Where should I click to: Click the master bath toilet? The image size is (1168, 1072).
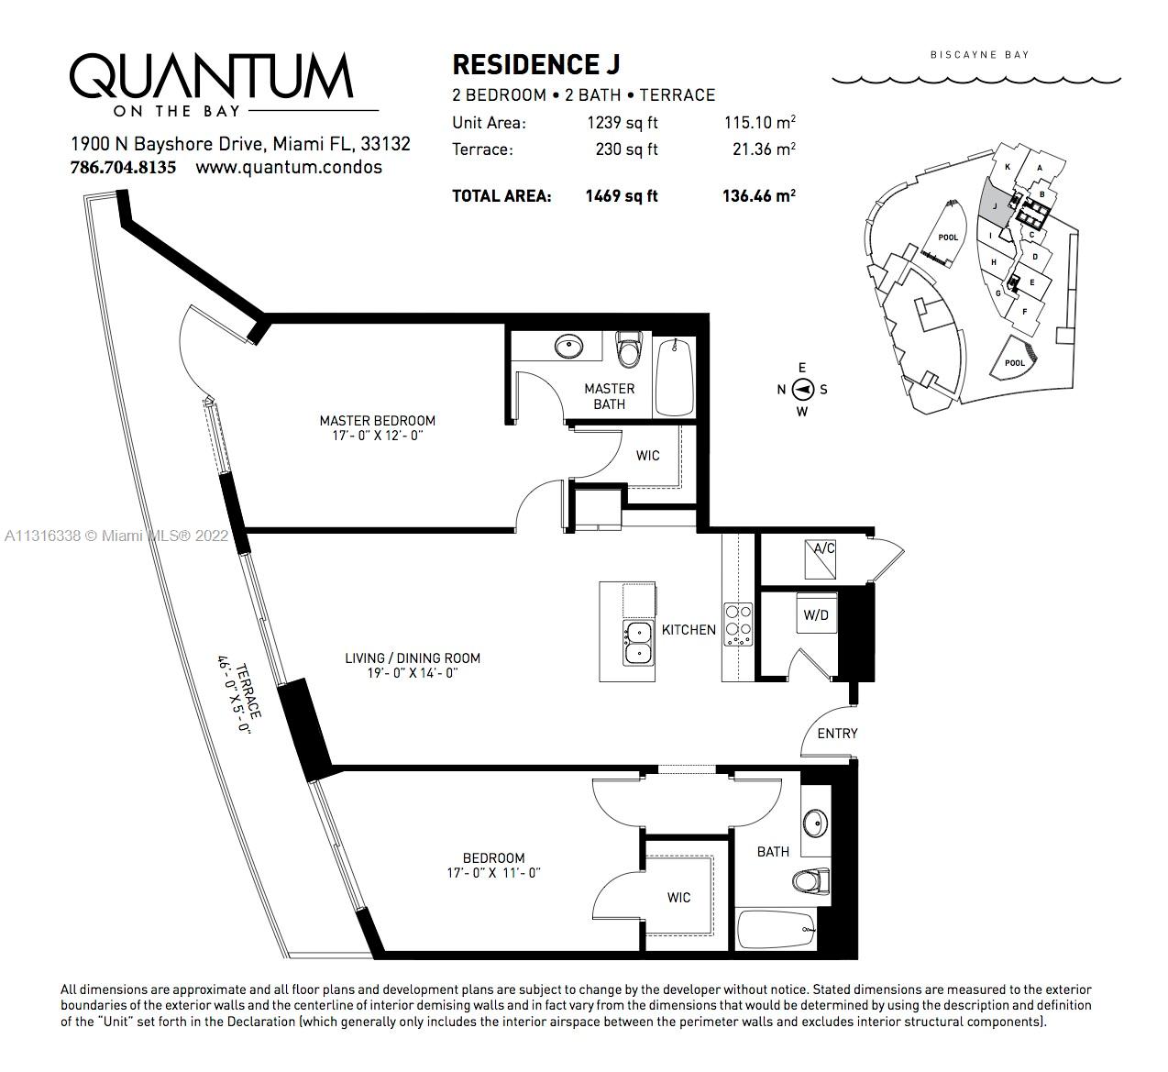click(630, 348)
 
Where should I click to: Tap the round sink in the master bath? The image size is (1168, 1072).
click(568, 347)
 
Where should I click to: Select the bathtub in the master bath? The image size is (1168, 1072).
click(674, 375)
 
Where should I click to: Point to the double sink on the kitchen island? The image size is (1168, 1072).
click(638, 643)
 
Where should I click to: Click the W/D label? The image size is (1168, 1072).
click(816, 614)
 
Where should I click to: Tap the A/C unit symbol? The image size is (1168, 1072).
click(821, 558)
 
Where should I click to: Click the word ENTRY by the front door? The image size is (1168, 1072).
click(837, 734)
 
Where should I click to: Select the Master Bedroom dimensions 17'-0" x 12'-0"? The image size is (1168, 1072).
click(378, 436)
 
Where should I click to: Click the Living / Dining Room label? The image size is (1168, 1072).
click(413, 658)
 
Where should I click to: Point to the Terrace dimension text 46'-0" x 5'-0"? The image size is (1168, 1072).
click(234, 695)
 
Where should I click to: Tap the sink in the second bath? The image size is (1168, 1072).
click(815, 823)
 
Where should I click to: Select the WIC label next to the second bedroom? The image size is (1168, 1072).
click(679, 897)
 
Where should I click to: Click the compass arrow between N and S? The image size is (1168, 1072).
click(802, 389)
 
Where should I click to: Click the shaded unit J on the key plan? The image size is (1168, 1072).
click(996, 204)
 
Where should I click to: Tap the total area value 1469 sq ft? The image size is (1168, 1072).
click(622, 195)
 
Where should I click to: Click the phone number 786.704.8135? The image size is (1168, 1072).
click(123, 168)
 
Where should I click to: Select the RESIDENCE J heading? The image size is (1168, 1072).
click(535, 65)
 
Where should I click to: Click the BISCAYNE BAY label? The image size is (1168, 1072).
click(979, 55)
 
